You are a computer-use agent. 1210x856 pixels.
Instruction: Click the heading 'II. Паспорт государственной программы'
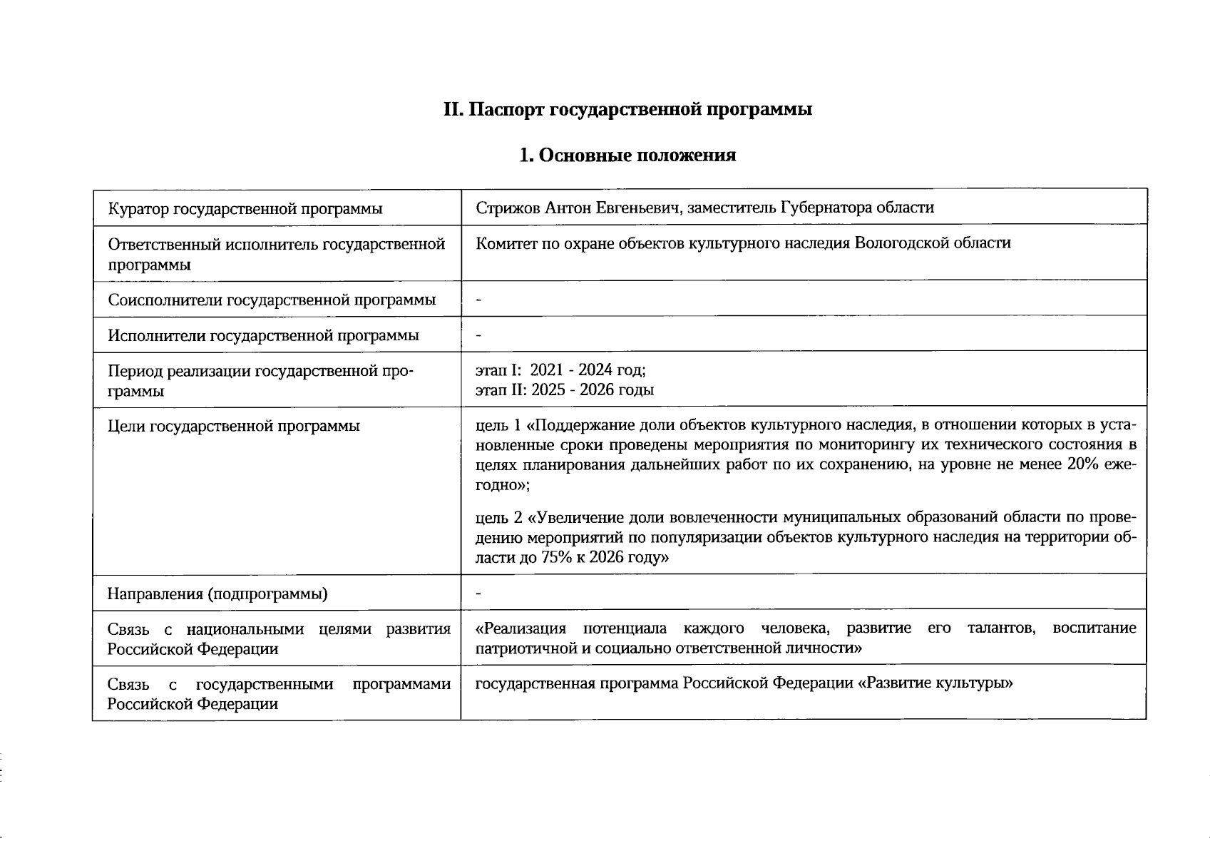tap(627, 110)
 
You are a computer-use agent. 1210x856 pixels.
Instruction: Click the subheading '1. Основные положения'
tap(627, 155)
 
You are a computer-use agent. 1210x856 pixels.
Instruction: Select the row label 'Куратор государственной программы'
tap(245, 208)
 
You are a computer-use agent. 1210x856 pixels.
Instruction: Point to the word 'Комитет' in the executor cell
tap(504, 243)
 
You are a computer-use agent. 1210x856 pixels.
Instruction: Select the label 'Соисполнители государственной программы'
tap(272, 300)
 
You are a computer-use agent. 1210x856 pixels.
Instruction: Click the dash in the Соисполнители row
tap(479, 300)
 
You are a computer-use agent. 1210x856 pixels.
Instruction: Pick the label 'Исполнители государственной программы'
tap(263, 335)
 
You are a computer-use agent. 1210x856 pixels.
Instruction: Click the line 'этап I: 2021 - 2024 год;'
tap(561, 370)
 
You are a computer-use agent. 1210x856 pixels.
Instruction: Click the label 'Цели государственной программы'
tap(234, 427)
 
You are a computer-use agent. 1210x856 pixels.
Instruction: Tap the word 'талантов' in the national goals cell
tap(1000, 628)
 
